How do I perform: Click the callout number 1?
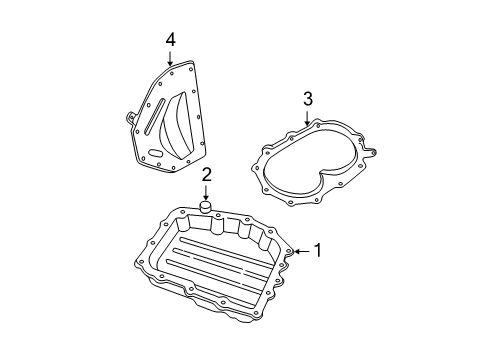[x=318, y=251]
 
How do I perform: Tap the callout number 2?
[x=206, y=175]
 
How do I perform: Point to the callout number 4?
[x=171, y=39]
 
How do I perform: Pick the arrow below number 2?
[x=206, y=192]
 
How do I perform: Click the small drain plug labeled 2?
[x=206, y=208]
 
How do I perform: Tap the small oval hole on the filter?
[x=153, y=153]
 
